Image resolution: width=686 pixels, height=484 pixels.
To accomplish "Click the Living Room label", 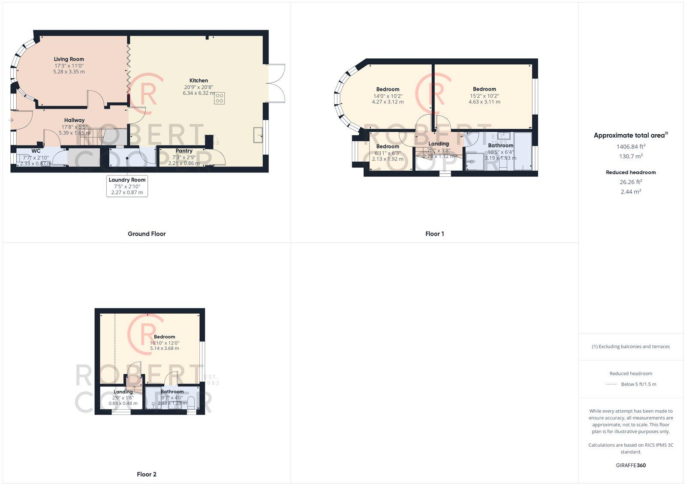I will click(69, 59).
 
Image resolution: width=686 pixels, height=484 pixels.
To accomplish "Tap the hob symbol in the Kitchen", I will click(220, 98).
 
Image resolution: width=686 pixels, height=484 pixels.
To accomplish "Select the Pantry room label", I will click(184, 151).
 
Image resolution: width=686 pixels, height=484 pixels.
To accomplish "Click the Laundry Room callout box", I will click(127, 186).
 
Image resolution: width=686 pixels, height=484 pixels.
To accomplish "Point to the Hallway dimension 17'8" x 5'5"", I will click(74, 127).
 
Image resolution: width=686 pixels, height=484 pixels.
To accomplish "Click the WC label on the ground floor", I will click(36, 151).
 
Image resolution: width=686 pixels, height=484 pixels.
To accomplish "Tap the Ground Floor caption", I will click(147, 234).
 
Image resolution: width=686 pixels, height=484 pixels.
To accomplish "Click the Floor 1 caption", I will click(434, 234).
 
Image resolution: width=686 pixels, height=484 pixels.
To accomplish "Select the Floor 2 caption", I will click(147, 474).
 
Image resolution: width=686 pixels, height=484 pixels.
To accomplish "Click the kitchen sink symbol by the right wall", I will click(258, 134).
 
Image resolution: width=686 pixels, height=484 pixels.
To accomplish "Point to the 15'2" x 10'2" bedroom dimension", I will click(484, 96).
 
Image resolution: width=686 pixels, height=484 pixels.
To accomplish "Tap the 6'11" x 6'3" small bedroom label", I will click(388, 153).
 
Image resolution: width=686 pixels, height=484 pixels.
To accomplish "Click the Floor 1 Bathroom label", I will click(500, 145).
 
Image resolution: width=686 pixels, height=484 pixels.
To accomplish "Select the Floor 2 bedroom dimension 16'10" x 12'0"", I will click(165, 343).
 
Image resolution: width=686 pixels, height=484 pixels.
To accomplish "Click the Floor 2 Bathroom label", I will click(172, 391).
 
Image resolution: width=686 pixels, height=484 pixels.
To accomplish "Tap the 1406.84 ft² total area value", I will click(631, 146).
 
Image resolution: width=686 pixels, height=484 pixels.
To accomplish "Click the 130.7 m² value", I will click(631, 157).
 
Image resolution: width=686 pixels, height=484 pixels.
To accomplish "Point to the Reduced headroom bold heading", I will click(631, 172).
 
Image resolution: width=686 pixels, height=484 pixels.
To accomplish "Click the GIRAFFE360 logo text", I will click(631, 465).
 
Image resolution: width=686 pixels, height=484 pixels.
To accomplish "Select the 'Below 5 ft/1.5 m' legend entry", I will click(638, 384).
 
